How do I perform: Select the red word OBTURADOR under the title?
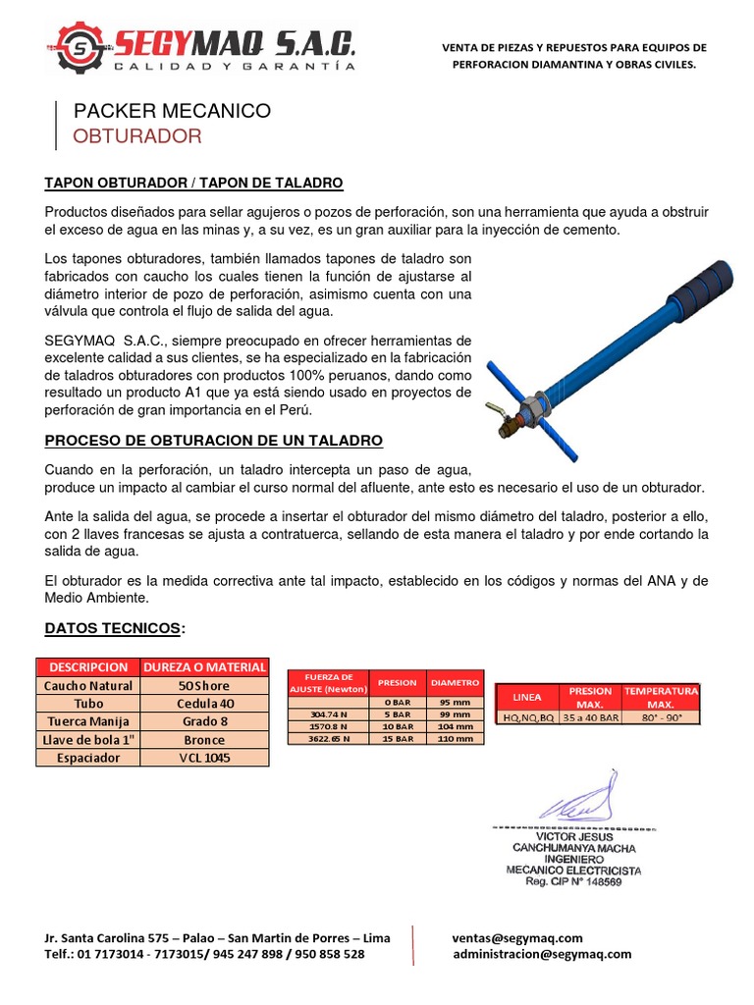(137, 136)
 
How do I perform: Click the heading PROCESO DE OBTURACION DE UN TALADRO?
(214, 440)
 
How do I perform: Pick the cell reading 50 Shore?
(204, 685)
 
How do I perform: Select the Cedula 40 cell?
(204, 704)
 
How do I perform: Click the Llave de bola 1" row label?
(88, 739)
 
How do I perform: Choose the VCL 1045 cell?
(204, 758)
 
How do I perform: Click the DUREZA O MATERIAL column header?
(204, 666)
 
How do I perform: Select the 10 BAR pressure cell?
(397, 726)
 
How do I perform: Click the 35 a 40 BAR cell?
(590, 717)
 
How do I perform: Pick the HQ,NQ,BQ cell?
(527, 717)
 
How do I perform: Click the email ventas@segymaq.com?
(517, 937)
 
